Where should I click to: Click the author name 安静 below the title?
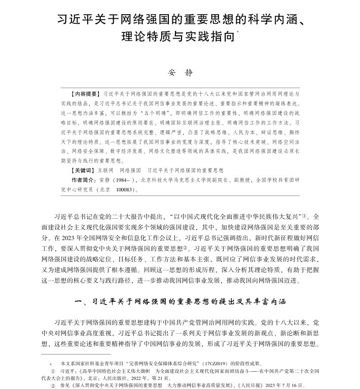click(180, 73)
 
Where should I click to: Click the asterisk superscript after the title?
click(238, 33)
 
